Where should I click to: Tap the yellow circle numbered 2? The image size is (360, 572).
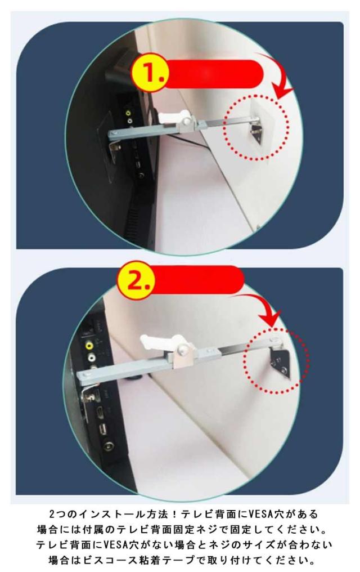136,280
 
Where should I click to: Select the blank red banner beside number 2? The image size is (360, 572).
197,280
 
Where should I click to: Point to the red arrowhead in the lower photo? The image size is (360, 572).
271,317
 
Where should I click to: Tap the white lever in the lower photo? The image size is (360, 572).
160,342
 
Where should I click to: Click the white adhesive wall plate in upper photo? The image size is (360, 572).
262,126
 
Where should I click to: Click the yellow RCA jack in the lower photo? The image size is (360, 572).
89,344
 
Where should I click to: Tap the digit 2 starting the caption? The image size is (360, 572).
52,515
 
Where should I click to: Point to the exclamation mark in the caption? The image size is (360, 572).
174,515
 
